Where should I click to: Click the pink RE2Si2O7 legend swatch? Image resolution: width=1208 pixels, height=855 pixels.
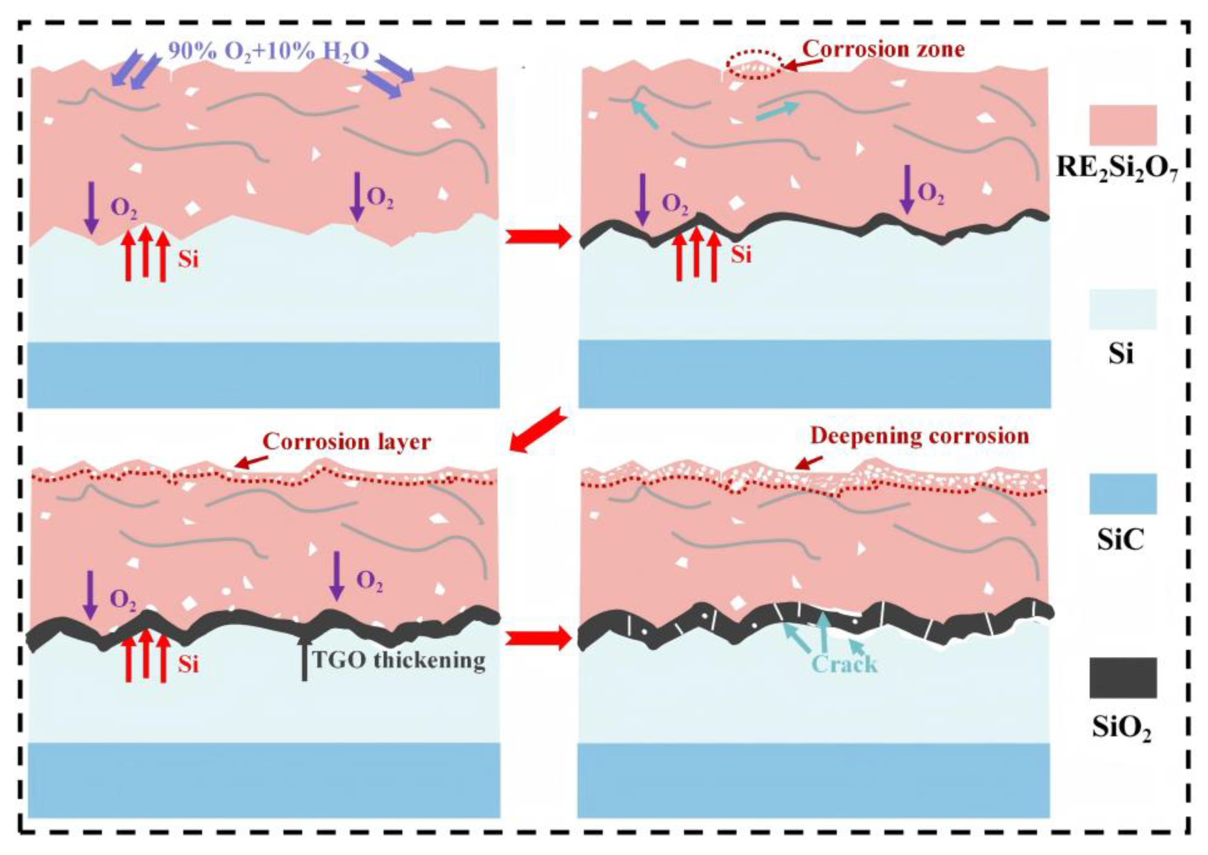[1123, 125]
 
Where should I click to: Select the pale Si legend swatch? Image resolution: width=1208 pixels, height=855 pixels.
[1123, 309]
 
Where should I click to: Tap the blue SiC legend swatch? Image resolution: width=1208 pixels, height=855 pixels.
[1123, 493]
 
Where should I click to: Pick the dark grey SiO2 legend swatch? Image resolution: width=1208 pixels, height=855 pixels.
[1123, 678]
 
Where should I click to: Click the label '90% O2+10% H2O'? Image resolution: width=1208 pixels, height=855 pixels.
[268, 52]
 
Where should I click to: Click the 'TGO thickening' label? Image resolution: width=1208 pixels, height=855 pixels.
[398, 660]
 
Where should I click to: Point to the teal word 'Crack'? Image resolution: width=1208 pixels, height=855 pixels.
[845, 664]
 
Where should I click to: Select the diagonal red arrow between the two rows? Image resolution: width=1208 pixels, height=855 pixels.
[540, 430]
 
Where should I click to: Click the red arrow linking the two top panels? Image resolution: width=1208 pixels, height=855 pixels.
[538, 237]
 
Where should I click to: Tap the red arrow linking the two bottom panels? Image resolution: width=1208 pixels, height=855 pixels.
[538, 639]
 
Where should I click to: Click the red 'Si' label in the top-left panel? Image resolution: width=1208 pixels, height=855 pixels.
[188, 259]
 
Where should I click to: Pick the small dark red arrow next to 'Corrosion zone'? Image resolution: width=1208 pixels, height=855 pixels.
[803, 64]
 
